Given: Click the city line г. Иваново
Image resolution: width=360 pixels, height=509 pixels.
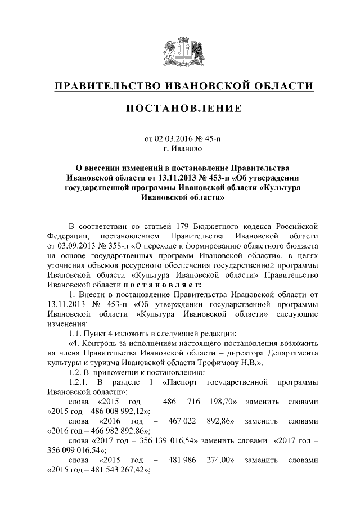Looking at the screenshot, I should click(179, 149).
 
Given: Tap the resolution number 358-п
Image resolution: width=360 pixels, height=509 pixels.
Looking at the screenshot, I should click(109, 246).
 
